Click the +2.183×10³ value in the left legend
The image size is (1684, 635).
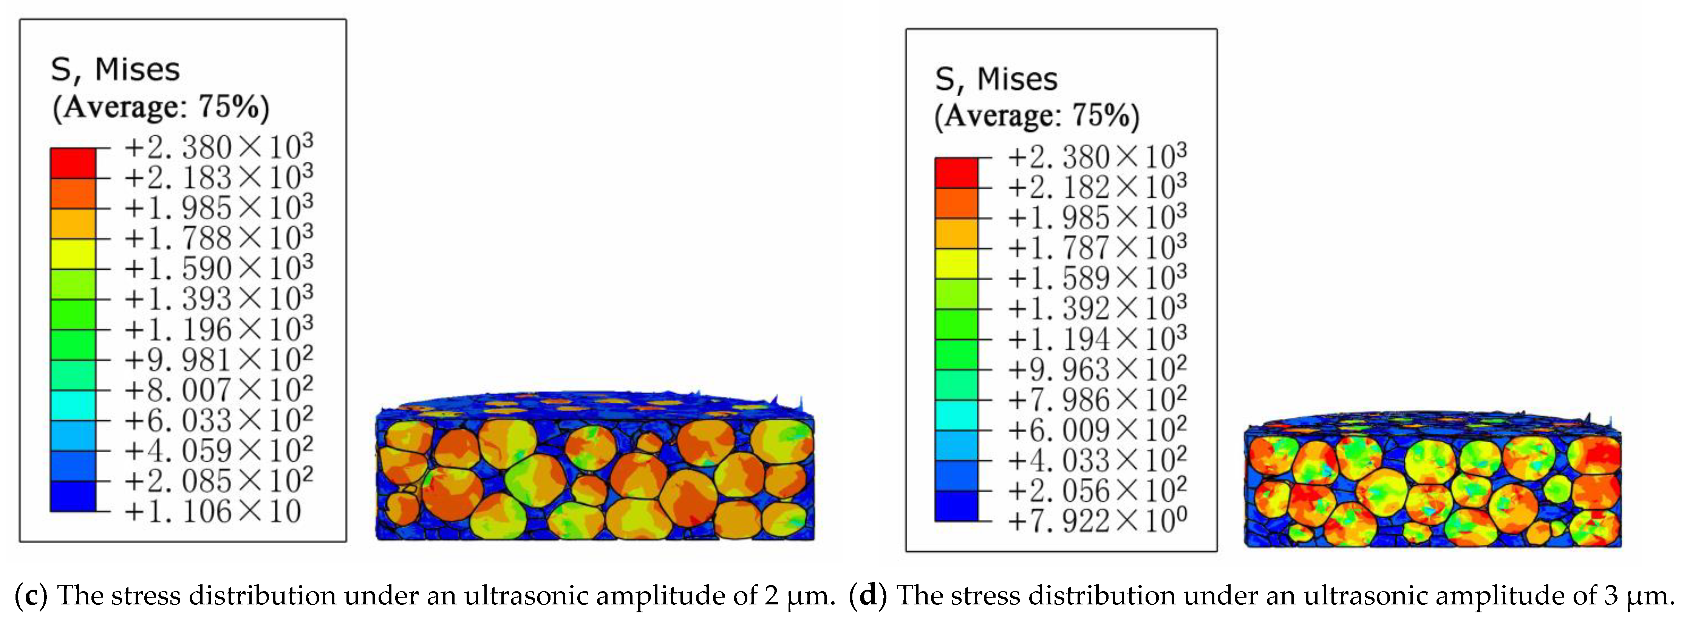(x=218, y=178)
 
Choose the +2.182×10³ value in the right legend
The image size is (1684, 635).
(x=1097, y=187)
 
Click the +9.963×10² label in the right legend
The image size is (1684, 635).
(x=1097, y=370)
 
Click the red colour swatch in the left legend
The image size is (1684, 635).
(x=73, y=163)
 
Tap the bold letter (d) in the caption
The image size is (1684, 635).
(x=868, y=595)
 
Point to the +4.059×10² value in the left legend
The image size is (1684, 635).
(x=218, y=451)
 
